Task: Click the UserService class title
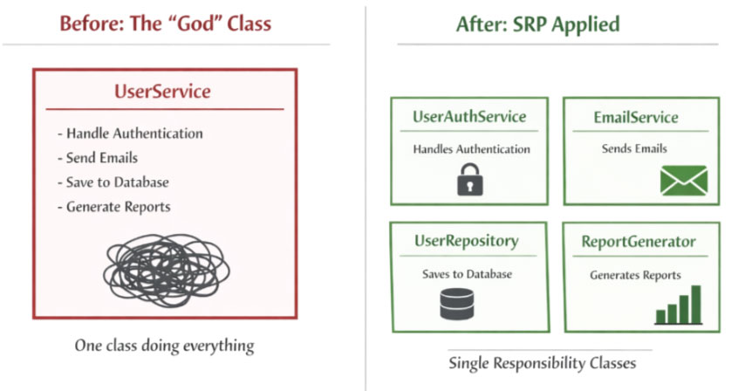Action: pos(162,91)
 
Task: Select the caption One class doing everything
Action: pos(164,346)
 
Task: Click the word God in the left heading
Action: pos(181,24)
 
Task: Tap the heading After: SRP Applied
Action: pos(537,24)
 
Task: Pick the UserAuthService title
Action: pos(469,117)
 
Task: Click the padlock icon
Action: pos(469,179)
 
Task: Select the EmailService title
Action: pos(635,117)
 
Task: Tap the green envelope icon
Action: pos(683,181)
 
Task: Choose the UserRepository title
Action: pos(467,241)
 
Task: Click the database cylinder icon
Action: pos(457,303)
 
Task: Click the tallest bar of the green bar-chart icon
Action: pos(696,304)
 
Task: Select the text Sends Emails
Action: pos(634,148)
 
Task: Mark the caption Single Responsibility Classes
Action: pos(543,361)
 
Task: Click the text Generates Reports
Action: pos(635,275)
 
